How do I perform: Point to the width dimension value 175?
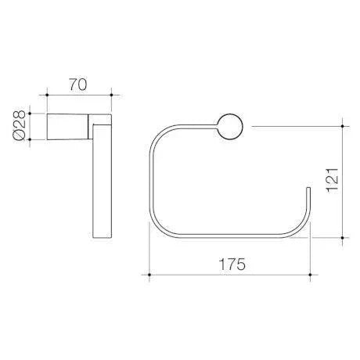232,265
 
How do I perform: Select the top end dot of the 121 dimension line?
344,124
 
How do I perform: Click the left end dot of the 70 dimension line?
48,95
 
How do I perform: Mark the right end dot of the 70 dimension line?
110,95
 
